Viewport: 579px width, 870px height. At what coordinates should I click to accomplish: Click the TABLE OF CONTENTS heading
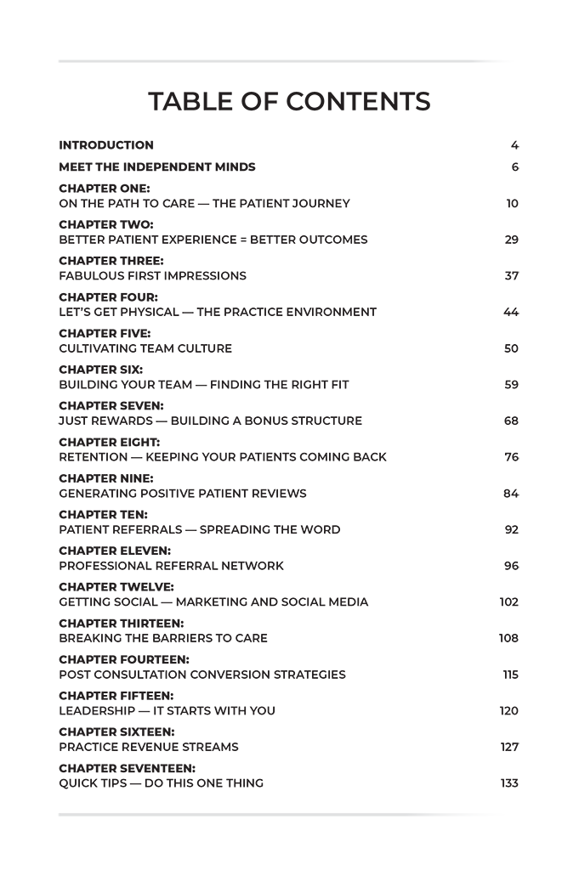click(289, 102)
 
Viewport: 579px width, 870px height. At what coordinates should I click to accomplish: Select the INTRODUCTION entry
click(106, 145)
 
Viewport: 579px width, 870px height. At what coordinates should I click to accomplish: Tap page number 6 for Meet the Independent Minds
click(514, 167)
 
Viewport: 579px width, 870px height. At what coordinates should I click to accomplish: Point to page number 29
click(511, 240)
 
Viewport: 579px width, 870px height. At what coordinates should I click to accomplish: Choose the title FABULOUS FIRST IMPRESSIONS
click(152, 276)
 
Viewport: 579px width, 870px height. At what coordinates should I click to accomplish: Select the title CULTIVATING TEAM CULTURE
click(145, 348)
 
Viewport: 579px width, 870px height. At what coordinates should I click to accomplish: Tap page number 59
click(511, 385)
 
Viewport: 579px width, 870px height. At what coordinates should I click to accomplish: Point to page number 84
click(511, 494)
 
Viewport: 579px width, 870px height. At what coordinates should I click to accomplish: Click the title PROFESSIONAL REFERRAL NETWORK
click(171, 566)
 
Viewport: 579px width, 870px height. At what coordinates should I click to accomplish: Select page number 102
click(508, 602)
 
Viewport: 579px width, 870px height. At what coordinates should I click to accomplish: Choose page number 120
click(508, 711)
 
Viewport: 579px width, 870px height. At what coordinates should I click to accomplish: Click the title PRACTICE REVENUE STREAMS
click(148, 748)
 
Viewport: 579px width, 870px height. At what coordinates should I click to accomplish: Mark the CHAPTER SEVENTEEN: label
click(116, 768)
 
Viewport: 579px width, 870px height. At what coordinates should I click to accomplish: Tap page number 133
click(508, 783)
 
